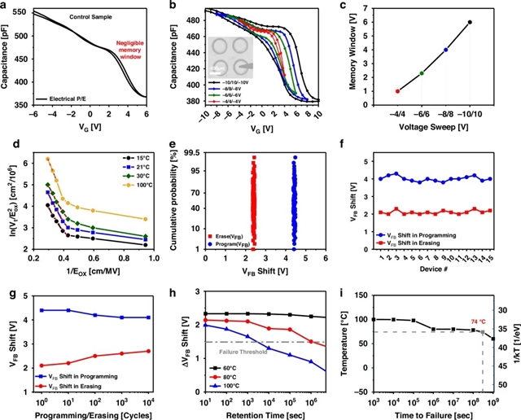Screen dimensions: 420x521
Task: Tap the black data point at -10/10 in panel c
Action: coord(470,22)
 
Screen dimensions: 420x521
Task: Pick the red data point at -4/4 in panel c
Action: coord(397,91)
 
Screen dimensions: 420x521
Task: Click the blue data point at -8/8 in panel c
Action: coord(446,50)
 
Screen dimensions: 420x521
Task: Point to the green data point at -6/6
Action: coord(422,73)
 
